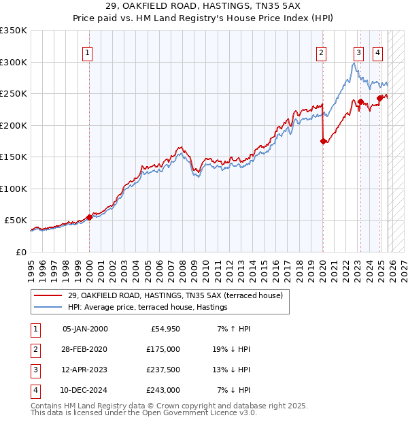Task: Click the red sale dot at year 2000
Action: tap(89, 217)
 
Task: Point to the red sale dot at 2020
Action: tap(323, 142)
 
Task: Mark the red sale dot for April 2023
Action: tap(360, 102)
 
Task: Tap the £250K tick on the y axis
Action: tap(14, 94)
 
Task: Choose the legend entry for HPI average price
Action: tap(148, 308)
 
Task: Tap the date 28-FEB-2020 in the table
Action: tap(84, 348)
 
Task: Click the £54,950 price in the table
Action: tap(163, 328)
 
